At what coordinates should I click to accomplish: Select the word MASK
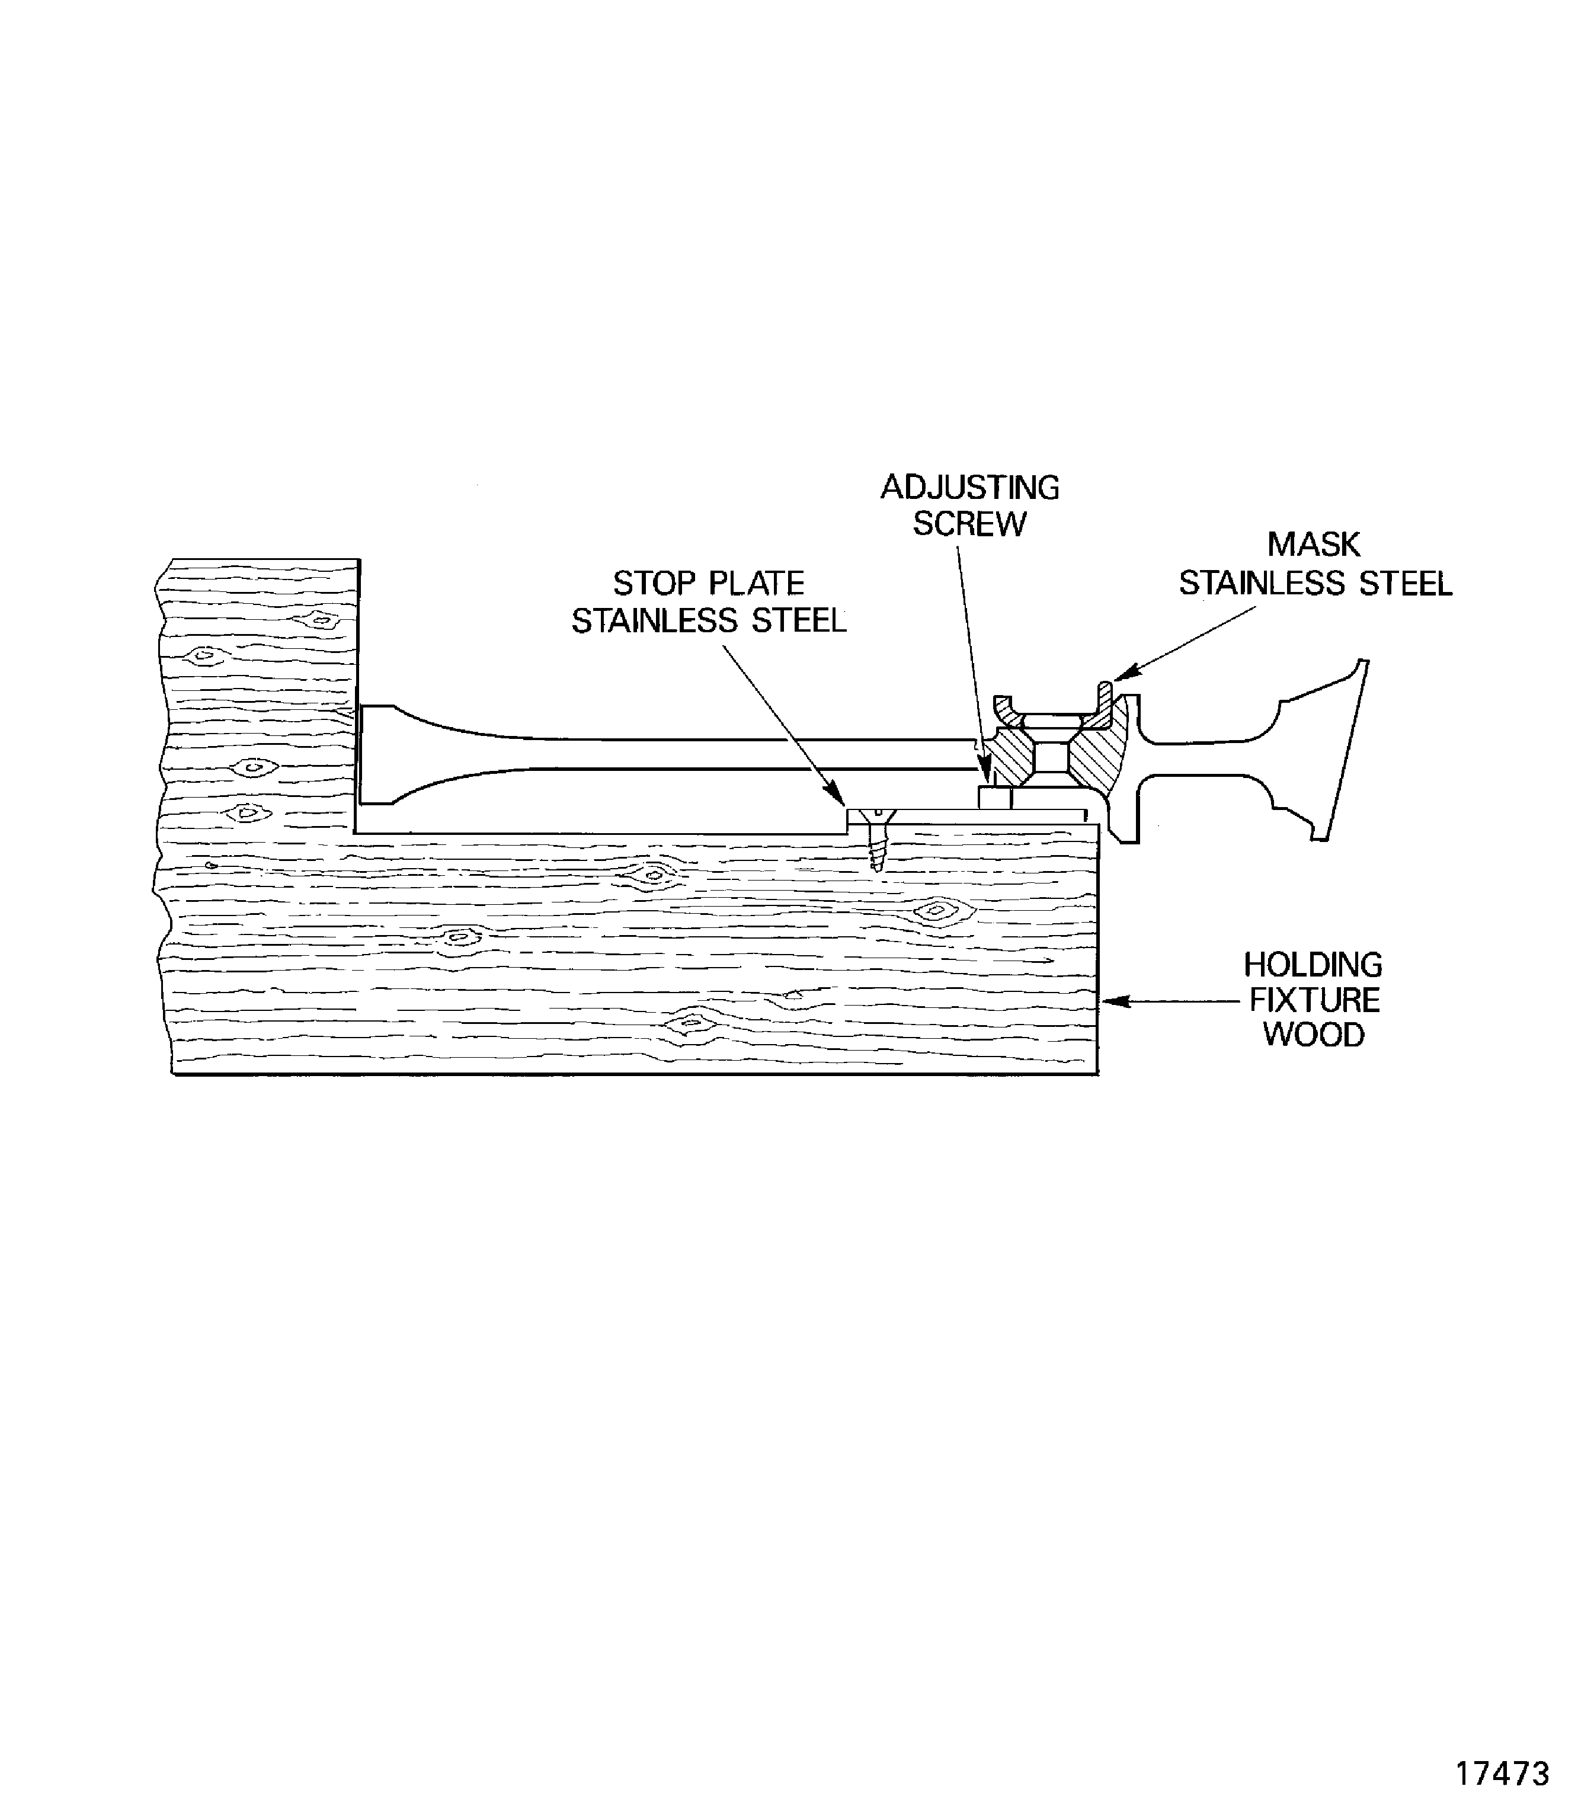click(1314, 545)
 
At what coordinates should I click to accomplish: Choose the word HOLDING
click(1313, 965)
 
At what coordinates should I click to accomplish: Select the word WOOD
click(1314, 1035)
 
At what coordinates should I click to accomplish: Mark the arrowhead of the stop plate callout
click(838, 798)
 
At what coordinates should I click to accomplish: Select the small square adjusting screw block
click(995, 798)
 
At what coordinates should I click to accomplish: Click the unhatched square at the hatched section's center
click(1052, 757)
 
